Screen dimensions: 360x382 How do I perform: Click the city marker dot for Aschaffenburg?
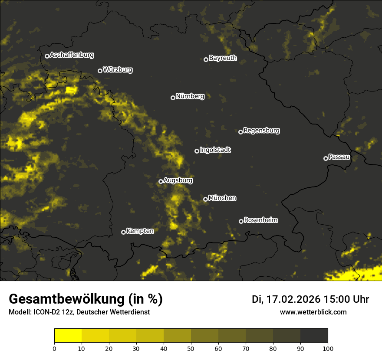(x=47, y=56)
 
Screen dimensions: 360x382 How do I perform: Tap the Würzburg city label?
(x=118, y=69)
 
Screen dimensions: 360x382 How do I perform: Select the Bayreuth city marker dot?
(x=206, y=59)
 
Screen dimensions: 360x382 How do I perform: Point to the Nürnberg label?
(x=190, y=96)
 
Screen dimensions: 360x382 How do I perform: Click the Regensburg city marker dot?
(x=240, y=132)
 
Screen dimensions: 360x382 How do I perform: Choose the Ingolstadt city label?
(x=215, y=150)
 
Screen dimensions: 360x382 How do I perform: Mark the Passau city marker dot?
(x=326, y=158)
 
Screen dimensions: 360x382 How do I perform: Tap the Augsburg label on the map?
(x=178, y=180)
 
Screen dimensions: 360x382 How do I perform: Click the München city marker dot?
(x=205, y=200)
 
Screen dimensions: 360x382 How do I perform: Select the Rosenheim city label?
(x=260, y=220)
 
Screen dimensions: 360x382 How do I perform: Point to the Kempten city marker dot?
(x=123, y=232)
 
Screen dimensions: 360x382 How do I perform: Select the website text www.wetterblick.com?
(x=313, y=312)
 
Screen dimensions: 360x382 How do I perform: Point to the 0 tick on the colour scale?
(x=54, y=348)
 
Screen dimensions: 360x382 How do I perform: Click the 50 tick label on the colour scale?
(x=191, y=348)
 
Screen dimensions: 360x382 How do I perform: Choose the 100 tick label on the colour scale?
(x=328, y=348)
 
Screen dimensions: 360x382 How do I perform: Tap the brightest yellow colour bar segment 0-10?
(x=68, y=336)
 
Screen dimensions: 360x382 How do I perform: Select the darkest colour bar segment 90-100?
(x=314, y=336)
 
